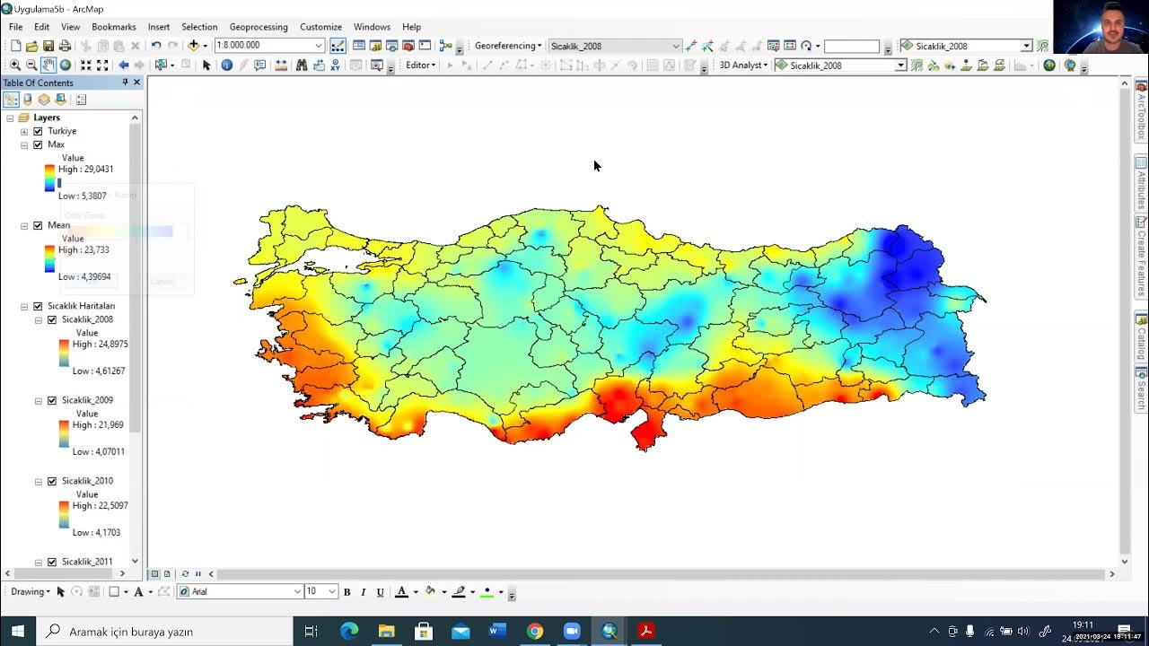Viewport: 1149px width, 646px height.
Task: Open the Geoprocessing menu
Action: coord(259,27)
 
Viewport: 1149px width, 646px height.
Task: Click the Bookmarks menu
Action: coord(114,27)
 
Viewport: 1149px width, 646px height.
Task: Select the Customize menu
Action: coord(320,27)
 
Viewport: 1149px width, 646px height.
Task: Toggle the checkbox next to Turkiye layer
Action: coord(38,131)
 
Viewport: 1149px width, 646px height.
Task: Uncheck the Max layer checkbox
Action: coord(38,144)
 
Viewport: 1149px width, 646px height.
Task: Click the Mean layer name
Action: coord(58,225)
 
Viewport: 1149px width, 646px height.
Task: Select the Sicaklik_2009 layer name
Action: coord(87,400)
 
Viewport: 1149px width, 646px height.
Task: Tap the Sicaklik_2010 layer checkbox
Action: coord(52,481)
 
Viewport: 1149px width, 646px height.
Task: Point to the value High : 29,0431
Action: coord(85,169)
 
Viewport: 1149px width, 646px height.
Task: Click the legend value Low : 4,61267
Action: coord(99,371)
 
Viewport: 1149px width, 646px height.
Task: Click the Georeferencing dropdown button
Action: coord(508,46)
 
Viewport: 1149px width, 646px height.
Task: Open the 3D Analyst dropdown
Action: coord(743,65)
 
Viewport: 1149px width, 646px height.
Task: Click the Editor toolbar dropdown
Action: coord(420,65)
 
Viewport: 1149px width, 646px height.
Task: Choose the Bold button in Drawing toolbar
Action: coord(346,592)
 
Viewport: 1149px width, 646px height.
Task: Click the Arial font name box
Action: coord(238,592)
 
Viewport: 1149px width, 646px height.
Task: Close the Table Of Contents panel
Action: coord(136,83)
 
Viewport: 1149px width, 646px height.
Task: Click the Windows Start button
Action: coord(18,631)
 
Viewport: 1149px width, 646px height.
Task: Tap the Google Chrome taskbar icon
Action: coord(535,631)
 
